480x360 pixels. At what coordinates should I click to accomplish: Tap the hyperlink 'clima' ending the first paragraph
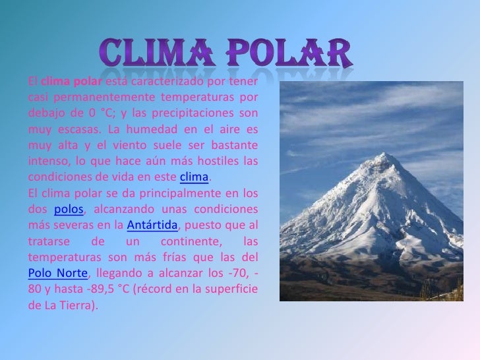[194, 178]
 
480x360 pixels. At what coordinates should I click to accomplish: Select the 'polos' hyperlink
[68, 210]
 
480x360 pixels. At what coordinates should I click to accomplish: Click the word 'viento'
[136, 145]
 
